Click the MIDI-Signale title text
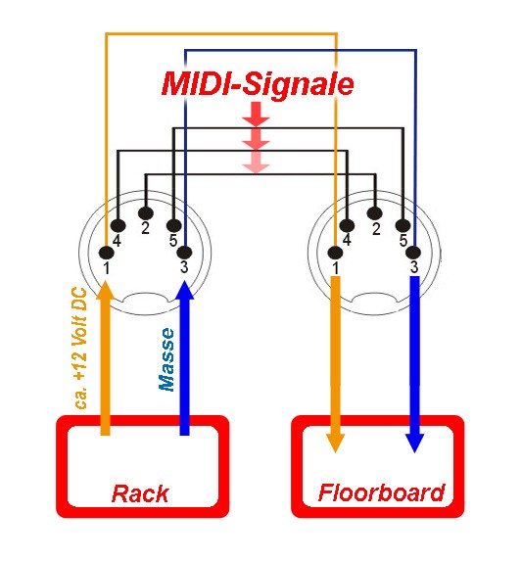point(258,84)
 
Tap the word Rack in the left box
point(140,494)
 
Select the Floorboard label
point(381,492)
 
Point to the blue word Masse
point(166,359)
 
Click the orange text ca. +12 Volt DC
point(79,349)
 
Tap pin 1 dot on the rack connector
point(107,253)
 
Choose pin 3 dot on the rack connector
point(185,253)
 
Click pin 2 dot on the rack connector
point(146,213)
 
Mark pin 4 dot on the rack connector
point(118,226)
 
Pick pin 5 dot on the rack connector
point(174,225)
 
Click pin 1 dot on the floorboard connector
point(335,253)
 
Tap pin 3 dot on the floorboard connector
point(413,253)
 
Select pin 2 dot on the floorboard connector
point(375,213)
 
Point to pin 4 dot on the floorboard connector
point(347,226)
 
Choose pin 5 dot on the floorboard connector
point(403,225)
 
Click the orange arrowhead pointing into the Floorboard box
point(335,443)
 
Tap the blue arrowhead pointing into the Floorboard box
point(414,443)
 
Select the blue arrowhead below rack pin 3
point(185,290)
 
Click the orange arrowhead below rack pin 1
point(105,290)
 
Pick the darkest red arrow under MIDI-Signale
point(256,114)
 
